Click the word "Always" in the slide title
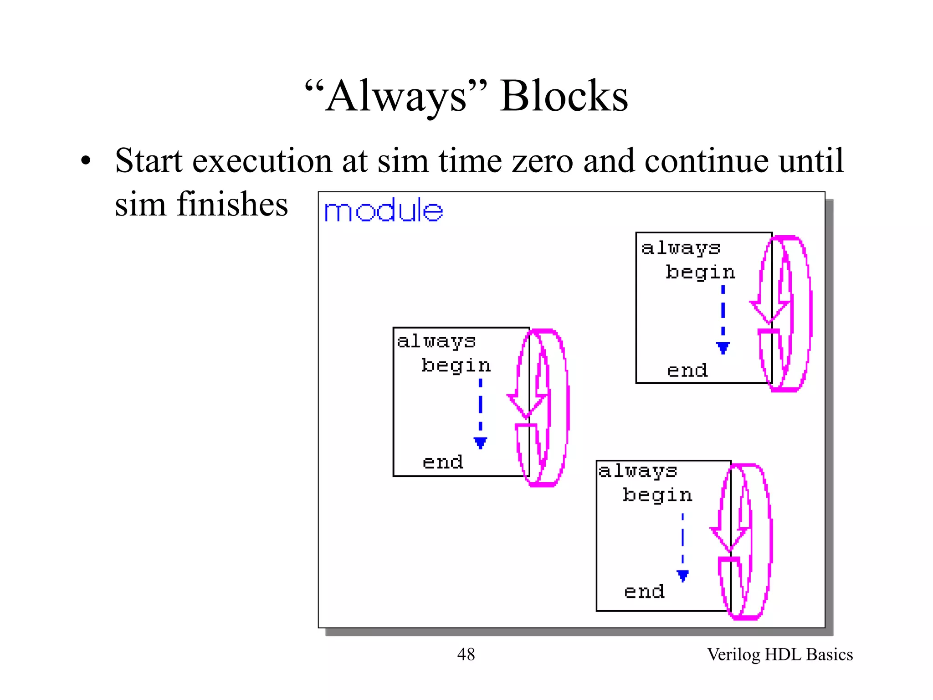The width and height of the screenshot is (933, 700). point(396,97)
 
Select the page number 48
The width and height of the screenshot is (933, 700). point(466,654)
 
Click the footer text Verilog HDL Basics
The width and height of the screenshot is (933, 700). point(779,654)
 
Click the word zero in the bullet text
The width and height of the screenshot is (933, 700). point(543,161)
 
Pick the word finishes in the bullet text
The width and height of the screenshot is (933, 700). point(232,204)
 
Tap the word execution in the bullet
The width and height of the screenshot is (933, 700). point(262,161)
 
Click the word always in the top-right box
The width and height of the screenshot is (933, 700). point(681,248)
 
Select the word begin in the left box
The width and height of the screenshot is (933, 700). point(456,366)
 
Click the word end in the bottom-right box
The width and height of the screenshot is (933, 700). point(644,592)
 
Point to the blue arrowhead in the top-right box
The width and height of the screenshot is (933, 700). point(723,348)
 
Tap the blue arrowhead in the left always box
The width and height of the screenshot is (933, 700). point(480,443)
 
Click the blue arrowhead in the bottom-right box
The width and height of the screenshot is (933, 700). point(682,576)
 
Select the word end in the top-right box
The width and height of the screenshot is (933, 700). point(687,371)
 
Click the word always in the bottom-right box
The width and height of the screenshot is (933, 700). point(638,471)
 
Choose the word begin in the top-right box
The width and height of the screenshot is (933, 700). point(700,273)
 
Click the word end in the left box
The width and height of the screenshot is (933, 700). point(443,462)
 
